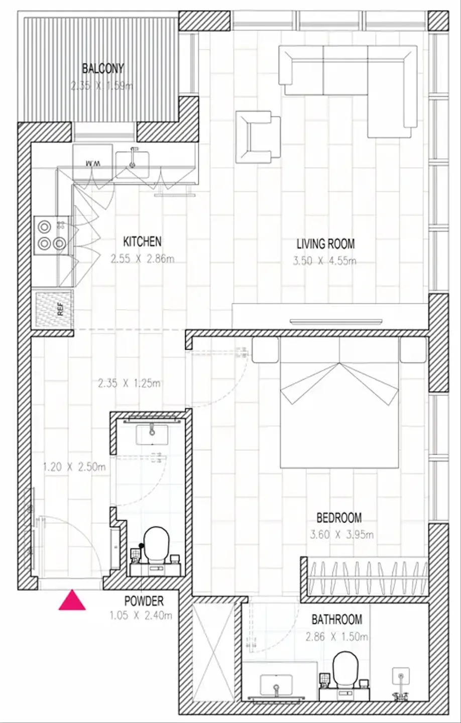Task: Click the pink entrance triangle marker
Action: point(72,600)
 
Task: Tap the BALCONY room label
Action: point(103,68)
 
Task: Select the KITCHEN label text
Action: point(143,242)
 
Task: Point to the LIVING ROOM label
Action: point(325,244)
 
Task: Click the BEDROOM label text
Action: point(339,518)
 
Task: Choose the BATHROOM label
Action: point(336,620)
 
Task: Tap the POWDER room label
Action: point(144,600)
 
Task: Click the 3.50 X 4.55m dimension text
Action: point(324,261)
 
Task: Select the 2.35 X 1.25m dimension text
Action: point(129,384)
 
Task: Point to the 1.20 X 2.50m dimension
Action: point(74,467)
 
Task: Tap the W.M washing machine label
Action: point(92,164)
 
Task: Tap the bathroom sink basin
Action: point(276,685)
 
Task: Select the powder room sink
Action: point(152,434)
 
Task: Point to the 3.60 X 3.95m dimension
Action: point(341,535)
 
